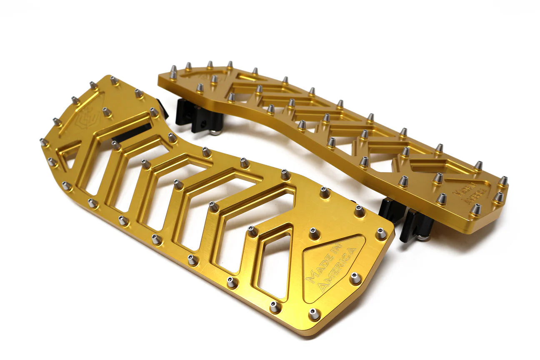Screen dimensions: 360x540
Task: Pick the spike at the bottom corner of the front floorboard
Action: pos(314,313)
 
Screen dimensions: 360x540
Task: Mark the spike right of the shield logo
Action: pos(107,111)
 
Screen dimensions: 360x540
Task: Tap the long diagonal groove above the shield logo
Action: pos(79,112)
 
